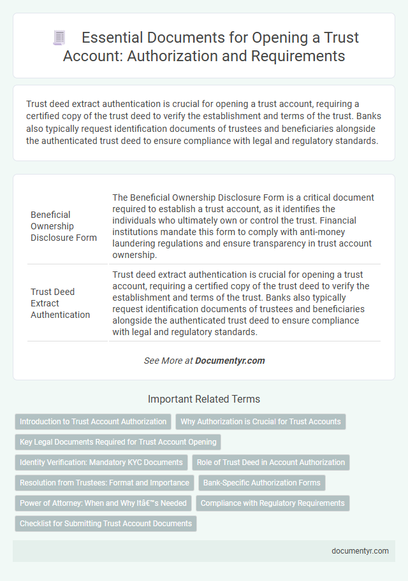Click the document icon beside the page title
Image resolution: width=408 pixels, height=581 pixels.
58,38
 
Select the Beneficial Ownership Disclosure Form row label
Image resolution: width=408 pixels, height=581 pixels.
64,226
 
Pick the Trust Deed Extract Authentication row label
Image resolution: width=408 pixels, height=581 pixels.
61,303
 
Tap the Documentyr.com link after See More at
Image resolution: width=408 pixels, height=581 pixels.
229,361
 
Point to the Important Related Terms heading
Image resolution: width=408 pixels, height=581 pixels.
204,399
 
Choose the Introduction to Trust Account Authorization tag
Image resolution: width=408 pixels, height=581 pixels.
93,422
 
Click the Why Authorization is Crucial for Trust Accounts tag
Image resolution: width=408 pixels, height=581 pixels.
261,422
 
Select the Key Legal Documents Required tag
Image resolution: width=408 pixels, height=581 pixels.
118,441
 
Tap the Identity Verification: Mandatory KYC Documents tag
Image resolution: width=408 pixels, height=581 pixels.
101,463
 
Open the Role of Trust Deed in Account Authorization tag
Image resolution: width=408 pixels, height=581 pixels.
271,463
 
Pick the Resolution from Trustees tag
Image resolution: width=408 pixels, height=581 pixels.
104,483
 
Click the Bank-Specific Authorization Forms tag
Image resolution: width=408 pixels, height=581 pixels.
262,483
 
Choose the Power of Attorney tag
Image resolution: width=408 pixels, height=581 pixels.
103,503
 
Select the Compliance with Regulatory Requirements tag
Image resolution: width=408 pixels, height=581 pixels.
273,503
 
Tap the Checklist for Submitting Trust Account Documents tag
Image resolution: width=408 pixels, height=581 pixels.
106,524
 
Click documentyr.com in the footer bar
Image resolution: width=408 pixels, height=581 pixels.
360,551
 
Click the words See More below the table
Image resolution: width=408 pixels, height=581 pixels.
161,361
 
